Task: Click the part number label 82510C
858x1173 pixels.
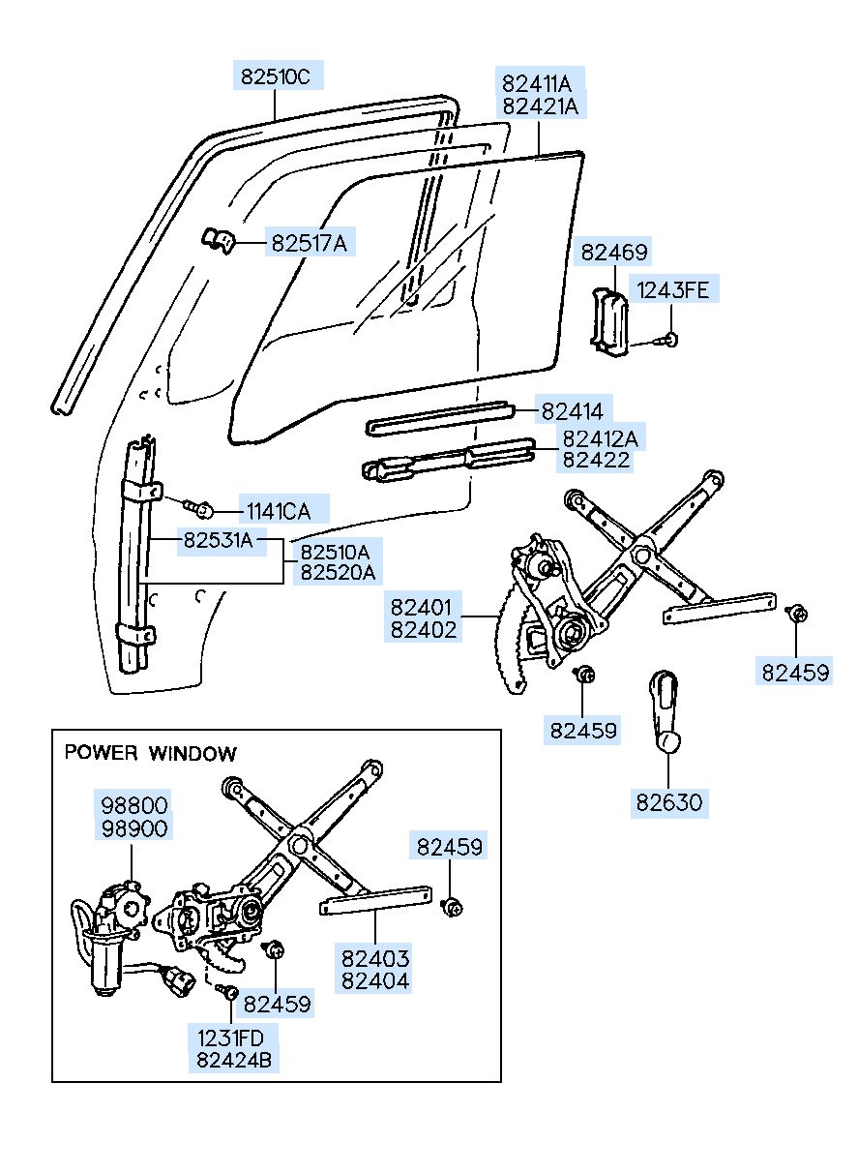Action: point(276,77)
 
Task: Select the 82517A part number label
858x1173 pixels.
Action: point(310,244)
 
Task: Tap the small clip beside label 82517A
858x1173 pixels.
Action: point(219,240)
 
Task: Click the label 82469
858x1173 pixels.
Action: point(614,253)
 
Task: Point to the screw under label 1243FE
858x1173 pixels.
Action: point(669,340)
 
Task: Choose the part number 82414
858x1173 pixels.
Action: point(573,411)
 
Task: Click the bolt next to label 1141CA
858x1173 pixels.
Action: point(199,506)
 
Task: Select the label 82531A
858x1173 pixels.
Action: point(218,540)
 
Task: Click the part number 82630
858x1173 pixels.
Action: point(668,802)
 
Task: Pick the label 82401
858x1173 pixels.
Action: point(421,607)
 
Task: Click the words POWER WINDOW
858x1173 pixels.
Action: point(150,753)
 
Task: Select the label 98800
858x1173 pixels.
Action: point(134,805)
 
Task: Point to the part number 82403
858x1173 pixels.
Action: point(374,958)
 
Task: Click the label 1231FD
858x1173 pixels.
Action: point(230,1038)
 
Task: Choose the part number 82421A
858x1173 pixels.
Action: point(541,106)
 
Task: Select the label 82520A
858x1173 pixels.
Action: point(338,572)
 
